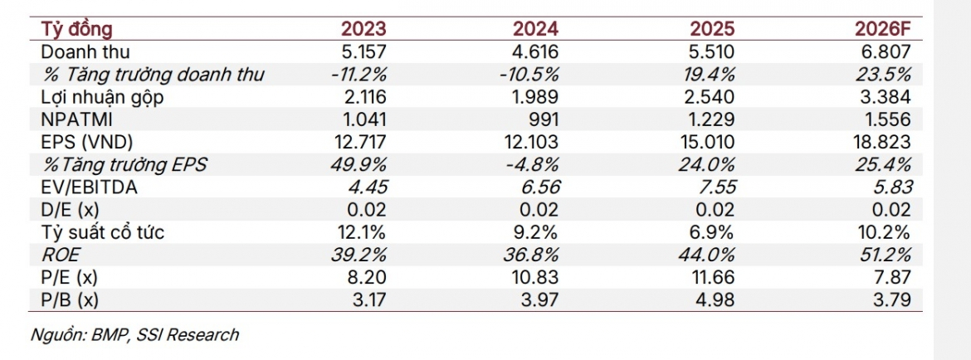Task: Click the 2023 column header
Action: click(364, 29)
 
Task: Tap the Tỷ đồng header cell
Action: click(77, 29)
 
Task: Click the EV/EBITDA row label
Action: click(89, 187)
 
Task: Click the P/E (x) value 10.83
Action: click(536, 278)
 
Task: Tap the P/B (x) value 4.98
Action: click(717, 300)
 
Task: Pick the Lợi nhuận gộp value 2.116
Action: click(363, 97)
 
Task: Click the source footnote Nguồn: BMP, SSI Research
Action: click(134, 335)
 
